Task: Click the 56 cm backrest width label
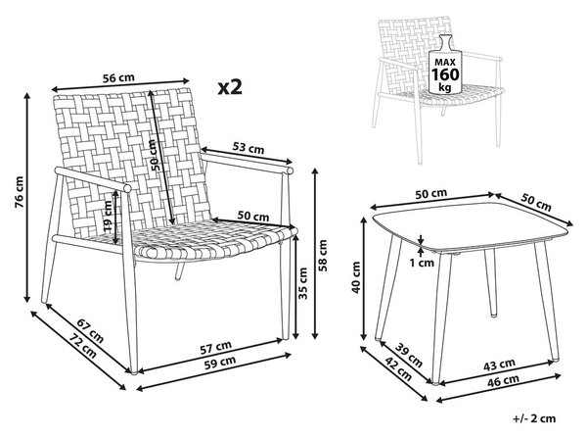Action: click(x=118, y=77)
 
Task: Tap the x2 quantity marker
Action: click(x=230, y=87)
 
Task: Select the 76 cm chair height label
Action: click(x=19, y=192)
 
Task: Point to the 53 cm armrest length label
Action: click(x=248, y=148)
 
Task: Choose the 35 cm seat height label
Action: click(x=303, y=283)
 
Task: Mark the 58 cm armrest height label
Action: click(x=323, y=255)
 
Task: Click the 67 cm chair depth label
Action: click(x=90, y=330)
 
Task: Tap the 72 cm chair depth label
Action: click(x=82, y=346)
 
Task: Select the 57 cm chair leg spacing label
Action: click(x=215, y=348)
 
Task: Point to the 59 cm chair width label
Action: click(x=220, y=363)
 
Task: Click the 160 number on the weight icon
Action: click(x=445, y=74)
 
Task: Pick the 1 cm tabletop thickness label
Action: click(x=422, y=263)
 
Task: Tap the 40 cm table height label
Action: click(x=356, y=277)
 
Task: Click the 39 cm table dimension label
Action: click(x=409, y=356)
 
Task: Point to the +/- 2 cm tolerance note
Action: click(x=534, y=418)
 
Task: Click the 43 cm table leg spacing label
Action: click(x=499, y=365)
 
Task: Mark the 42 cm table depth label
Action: click(x=398, y=370)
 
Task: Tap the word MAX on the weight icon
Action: click(x=445, y=63)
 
